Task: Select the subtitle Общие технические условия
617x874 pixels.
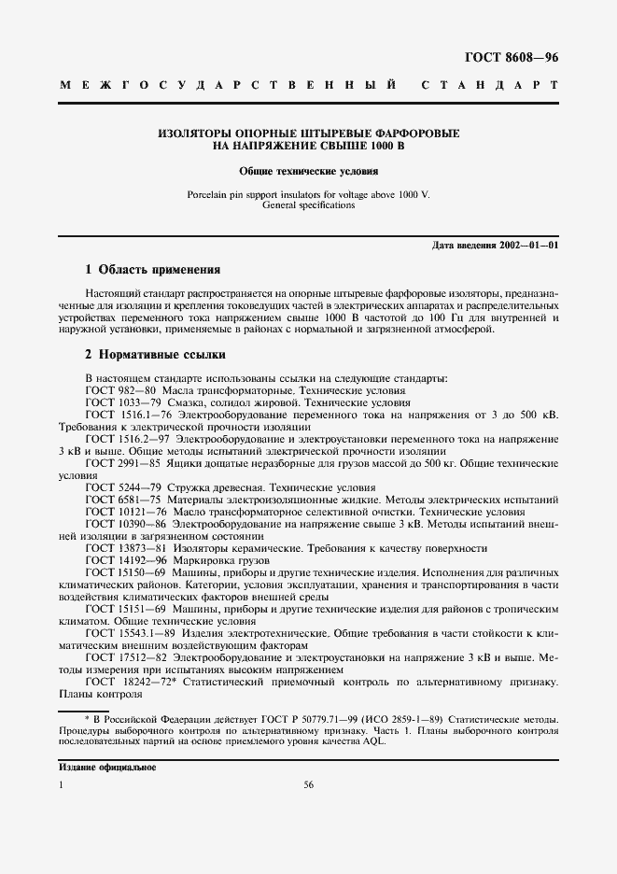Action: (308, 172)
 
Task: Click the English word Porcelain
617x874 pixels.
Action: (210, 194)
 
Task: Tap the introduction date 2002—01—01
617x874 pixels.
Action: (527, 245)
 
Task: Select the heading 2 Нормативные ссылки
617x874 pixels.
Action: (154, 355)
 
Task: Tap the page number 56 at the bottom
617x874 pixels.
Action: (308, 785)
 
